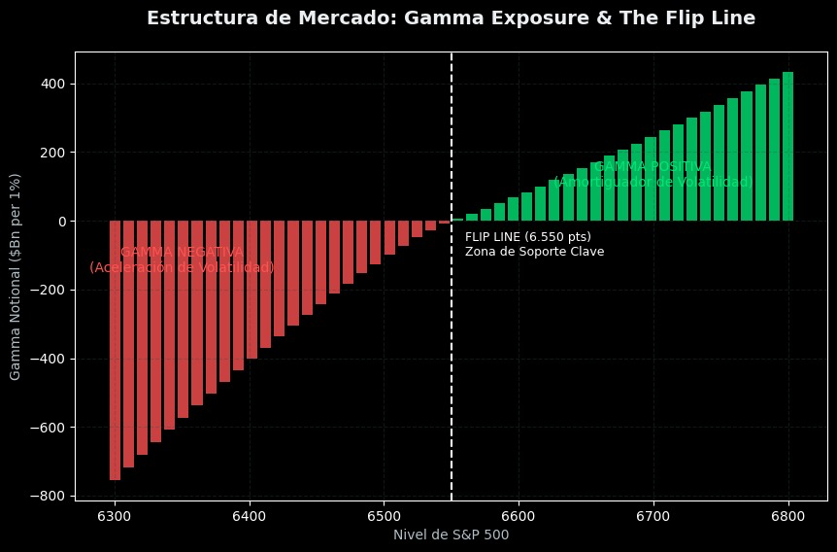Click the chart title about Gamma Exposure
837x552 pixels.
point(451,17)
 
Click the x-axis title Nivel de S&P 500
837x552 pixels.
point(451,534)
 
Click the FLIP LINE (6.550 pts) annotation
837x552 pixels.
point(527,237)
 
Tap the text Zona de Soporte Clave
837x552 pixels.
point(534,253)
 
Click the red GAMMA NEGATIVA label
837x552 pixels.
point(182,252)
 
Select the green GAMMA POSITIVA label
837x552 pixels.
point(653,167)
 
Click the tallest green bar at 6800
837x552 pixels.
point(787,146)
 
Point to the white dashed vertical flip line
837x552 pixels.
point(452,369)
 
